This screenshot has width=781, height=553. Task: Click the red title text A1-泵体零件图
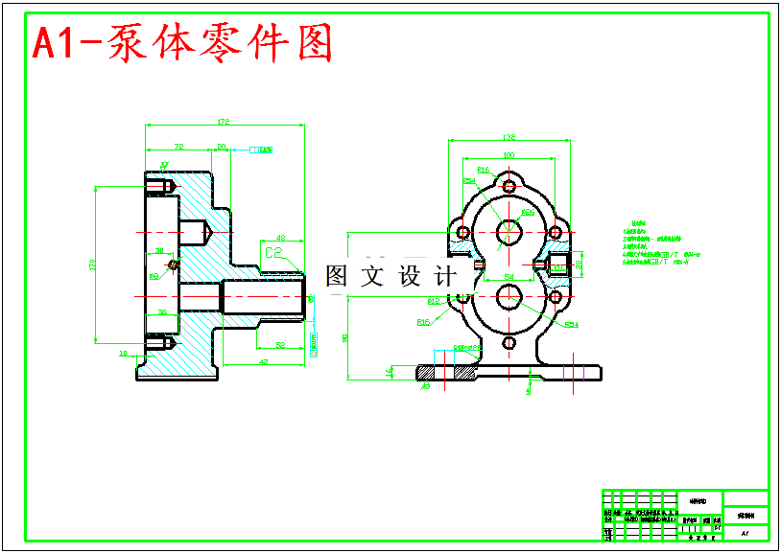click(x=183, y=44)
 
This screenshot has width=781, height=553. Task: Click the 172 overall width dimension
click(x=224, y=122)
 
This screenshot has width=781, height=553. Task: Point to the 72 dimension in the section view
click(x=178, y=147)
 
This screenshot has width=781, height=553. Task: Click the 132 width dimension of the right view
click(x=509, y=137)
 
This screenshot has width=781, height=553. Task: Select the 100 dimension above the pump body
click(x=509, y=155)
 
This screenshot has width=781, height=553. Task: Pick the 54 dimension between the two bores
click(x=509, y=276)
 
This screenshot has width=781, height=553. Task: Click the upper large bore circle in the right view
click(x=509, y=231)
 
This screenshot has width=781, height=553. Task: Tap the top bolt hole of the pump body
click(x=509, y=186)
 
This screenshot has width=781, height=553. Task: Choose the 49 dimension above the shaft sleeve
click(x=280, y=237)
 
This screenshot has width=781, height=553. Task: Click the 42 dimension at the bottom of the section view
click(x=262, y=361)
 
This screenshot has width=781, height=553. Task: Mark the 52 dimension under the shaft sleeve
click(x=280, y=344)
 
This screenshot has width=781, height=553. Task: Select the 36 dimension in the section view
click(x=161, y=311)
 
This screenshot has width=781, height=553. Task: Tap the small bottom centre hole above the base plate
click(x=509, y=341)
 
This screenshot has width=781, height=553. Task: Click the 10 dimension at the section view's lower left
click(x=123, y=354)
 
